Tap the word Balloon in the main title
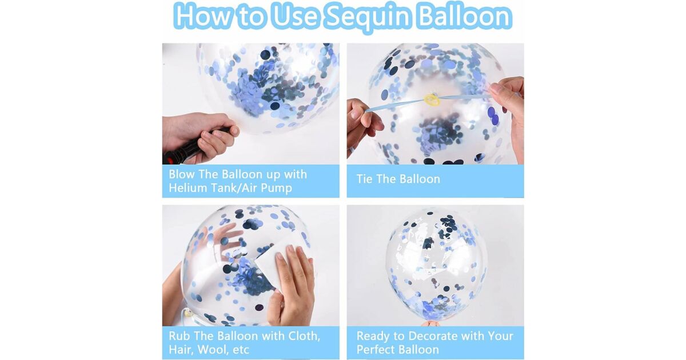[465, 15]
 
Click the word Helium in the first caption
[186, 187]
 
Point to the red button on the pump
[169, 161]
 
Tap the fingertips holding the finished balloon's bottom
[430, 323]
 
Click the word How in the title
[204, 16]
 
